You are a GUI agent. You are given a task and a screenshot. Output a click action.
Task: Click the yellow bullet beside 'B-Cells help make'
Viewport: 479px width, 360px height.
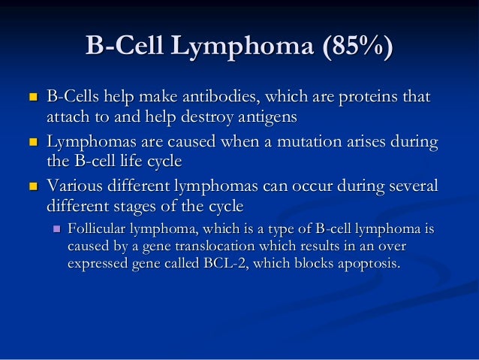(x=32, y=98)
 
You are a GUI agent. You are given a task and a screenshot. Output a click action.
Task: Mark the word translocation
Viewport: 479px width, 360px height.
(x=189, y=247)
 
